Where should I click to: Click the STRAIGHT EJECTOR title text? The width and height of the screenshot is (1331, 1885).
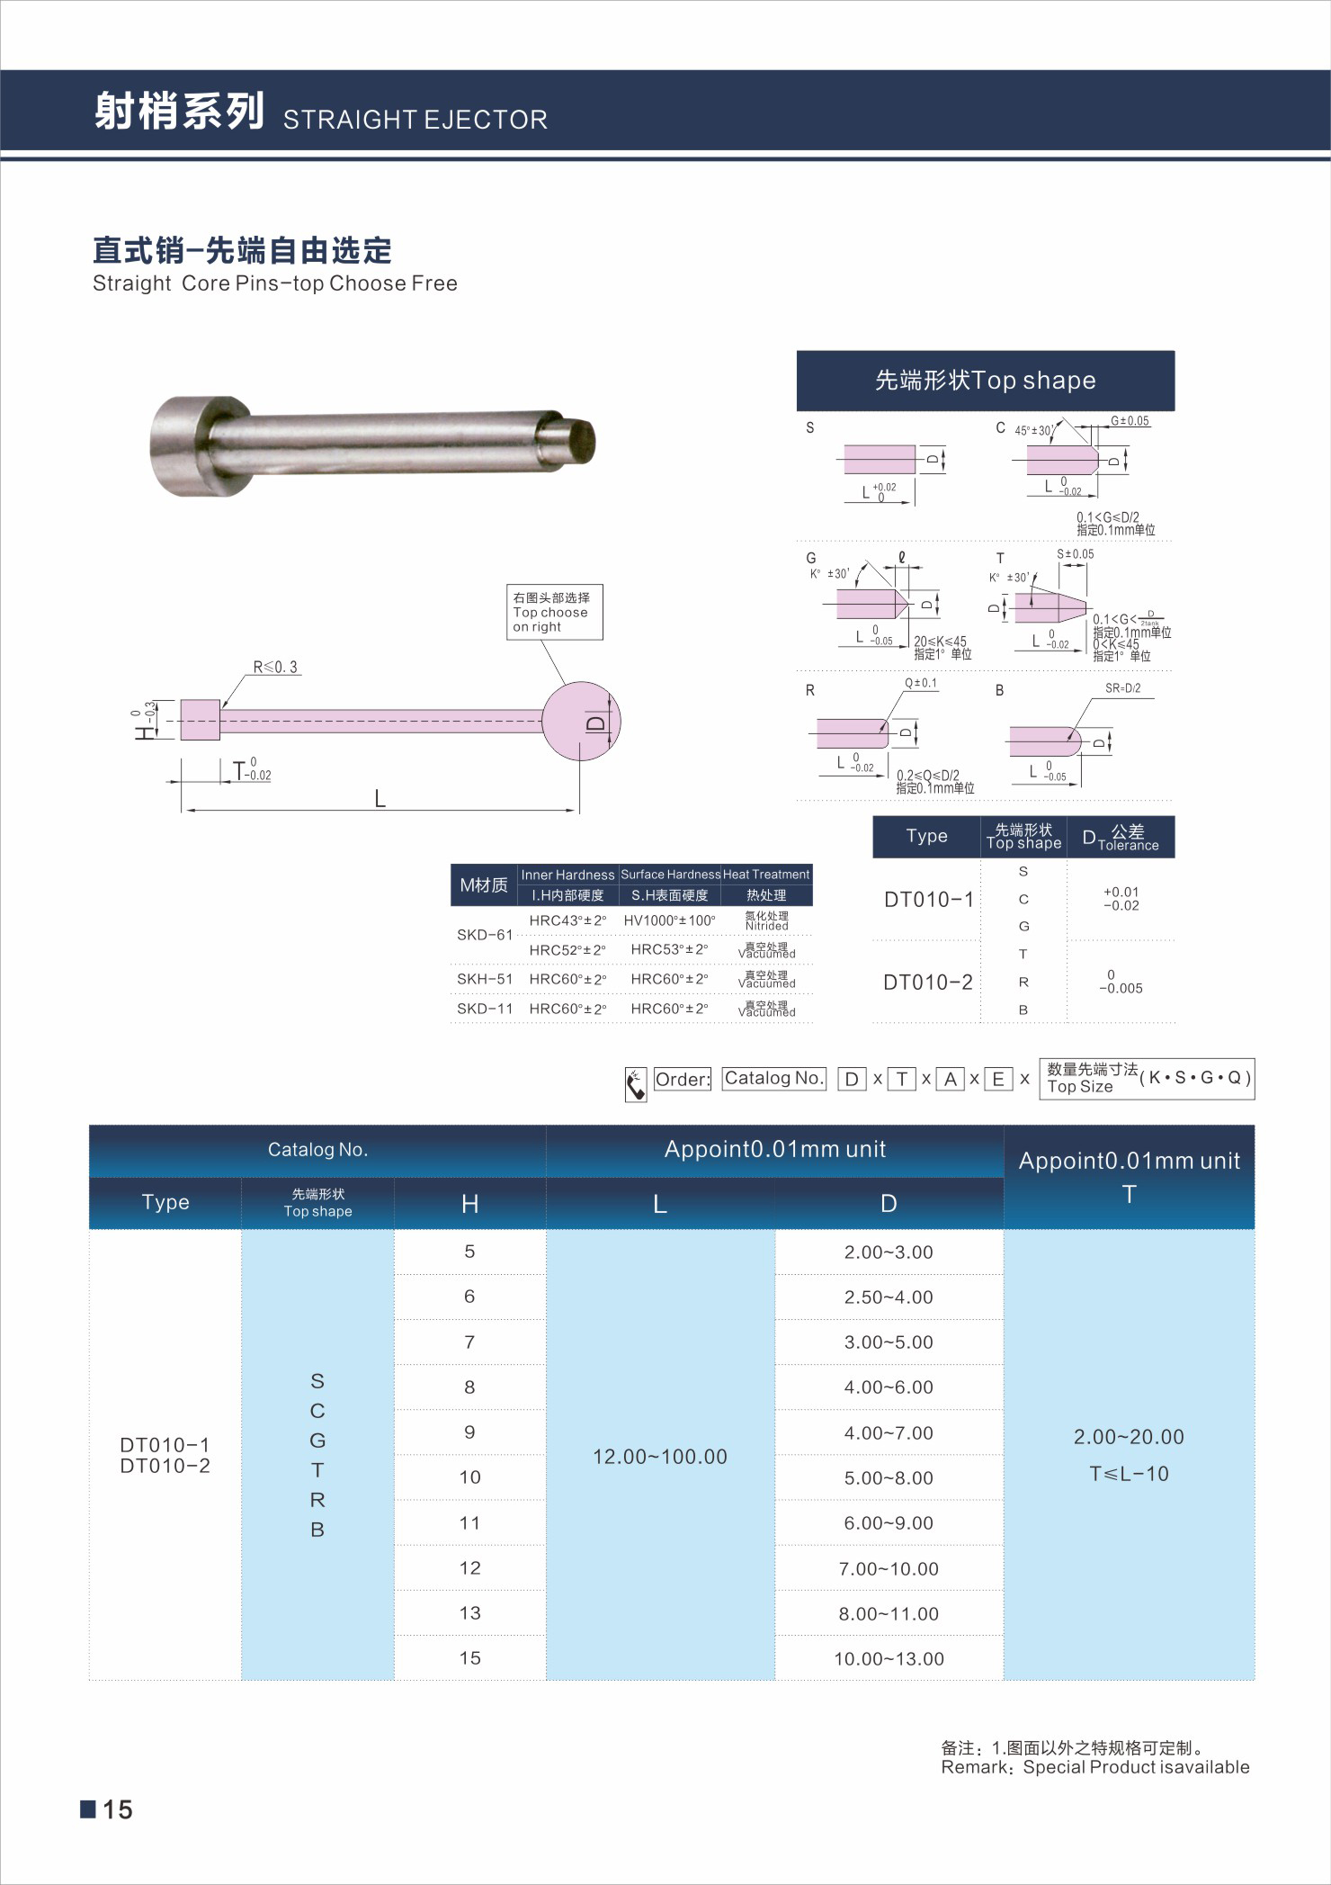(415, 120)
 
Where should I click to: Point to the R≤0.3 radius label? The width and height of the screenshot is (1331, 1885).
(275, 667)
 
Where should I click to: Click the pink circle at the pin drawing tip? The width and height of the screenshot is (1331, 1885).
(581, 721)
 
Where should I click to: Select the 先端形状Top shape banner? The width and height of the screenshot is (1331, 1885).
(985, 381)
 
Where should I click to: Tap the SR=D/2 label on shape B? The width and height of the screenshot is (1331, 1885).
(1122, 688)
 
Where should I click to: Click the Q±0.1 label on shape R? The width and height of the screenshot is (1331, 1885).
(921, 683)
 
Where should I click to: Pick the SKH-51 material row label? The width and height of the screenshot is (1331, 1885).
(485, 979)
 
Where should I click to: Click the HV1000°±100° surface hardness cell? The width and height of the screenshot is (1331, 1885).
(670, 920)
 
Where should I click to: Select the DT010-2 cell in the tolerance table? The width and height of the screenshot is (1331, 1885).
(927, 983)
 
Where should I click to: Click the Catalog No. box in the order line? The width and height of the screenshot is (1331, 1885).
(773, 1078)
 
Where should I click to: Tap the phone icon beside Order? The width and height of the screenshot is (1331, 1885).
(636, 1084)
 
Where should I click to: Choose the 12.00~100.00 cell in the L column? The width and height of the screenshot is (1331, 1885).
(660, 1457)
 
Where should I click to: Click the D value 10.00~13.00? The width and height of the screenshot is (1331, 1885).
(889, 1659)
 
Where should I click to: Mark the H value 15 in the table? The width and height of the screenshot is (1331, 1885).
(470, 1658)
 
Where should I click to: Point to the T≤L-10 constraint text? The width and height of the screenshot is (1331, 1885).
(1129, 1474)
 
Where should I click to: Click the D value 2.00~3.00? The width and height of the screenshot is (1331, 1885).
(889, 1252)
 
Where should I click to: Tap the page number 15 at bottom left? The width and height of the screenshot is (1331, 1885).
(117, 1809)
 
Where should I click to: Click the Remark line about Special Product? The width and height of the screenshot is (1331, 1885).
(1094, 1767)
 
